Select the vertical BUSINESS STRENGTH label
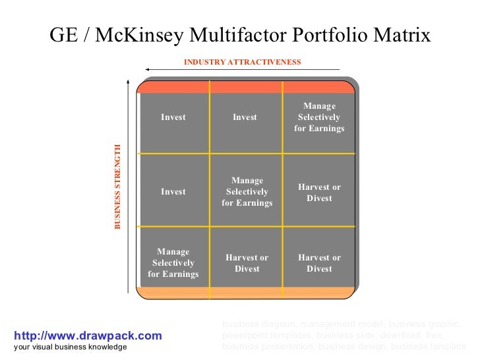tap(118, 187)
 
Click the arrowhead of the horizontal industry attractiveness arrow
tap(150, 69)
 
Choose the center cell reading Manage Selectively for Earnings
tap(247, 192)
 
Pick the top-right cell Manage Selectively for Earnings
tap(319, 117)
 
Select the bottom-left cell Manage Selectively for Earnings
tap(173, 262)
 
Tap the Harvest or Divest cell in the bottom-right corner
tap(319, 263)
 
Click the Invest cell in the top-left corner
tap(173, 117)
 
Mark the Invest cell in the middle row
tap(173, 192)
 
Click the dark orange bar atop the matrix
tap(247, 87)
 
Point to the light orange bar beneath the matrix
tap(247, 293)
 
